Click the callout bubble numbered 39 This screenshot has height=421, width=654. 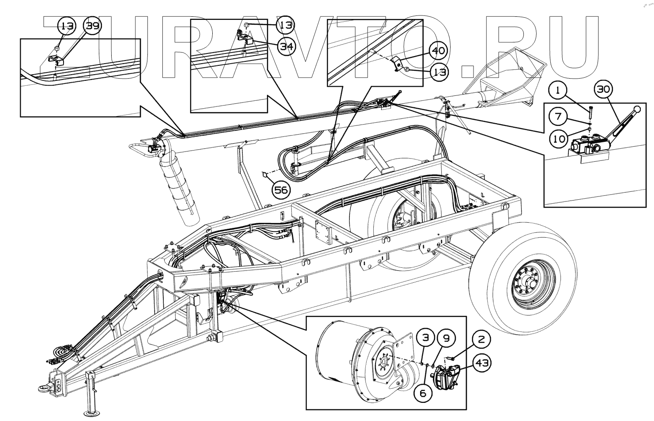[x=93, y=27]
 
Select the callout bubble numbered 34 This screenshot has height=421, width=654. [x=286, y=46]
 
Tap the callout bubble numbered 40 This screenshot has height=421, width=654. [x=438, y=51]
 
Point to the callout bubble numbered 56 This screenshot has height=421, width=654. [x=281, y=190]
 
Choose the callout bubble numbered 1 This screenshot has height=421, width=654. [x=558, y=91]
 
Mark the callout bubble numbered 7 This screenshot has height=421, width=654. [x=558, y=117]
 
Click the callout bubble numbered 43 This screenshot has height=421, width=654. [x=482, y=363]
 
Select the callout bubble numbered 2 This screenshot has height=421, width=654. [x=481, y=339]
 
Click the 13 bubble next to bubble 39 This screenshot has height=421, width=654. [x=67, y=27]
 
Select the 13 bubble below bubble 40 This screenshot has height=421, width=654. [x=440, y=72]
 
